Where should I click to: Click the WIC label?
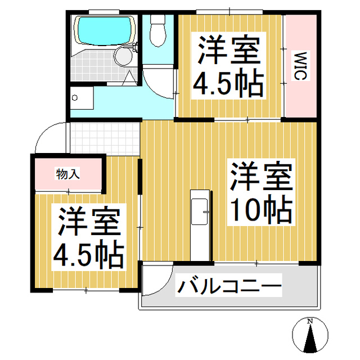pos(299,66)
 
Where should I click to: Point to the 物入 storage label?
pos(67,174)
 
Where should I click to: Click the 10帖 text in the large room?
pos(259,210)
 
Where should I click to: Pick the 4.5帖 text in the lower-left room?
pos(88,254)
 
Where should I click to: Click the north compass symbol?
pos(309,336)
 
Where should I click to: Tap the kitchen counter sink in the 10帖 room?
pos(200,211)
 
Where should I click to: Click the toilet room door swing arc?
pos(158,84)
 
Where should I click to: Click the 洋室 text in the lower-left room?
pos(88,223)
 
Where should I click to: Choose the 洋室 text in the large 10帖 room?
pos(259,178)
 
